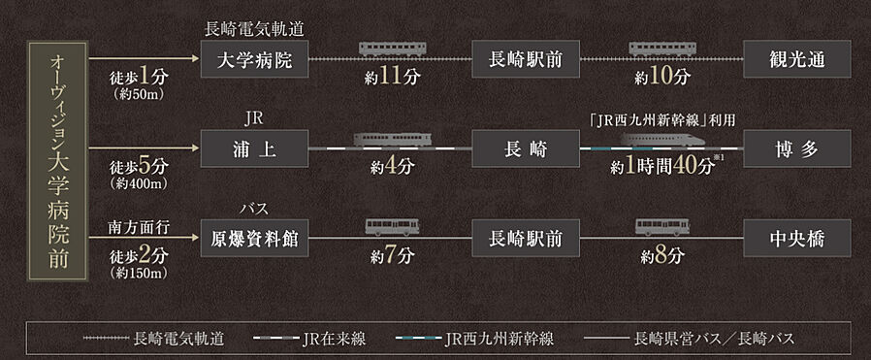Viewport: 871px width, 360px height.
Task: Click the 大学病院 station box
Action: click(256, 60)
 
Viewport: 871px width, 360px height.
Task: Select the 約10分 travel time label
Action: click(663, 78)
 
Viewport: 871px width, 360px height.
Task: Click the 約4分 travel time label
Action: click(393, 166)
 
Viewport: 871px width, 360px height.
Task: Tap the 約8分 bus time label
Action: click(663, 257)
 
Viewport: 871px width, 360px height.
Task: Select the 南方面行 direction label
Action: click(138, 227)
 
